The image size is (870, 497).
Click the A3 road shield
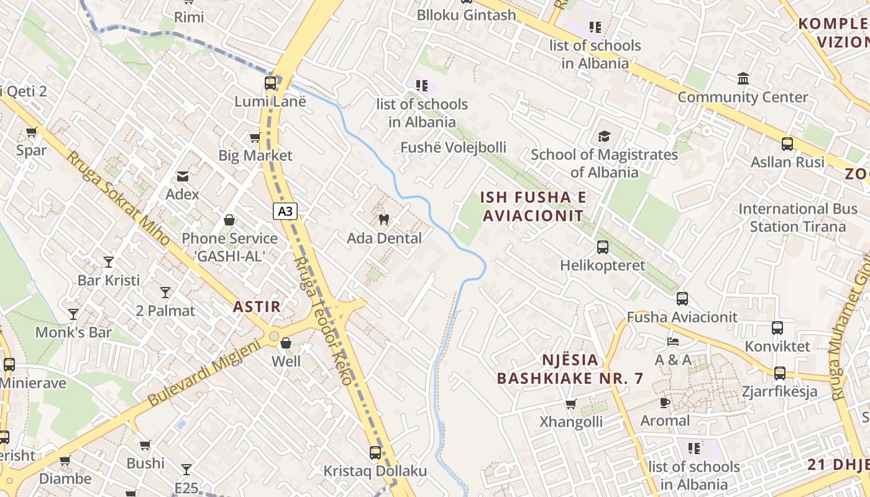pyautogui.click(x=285, y=211)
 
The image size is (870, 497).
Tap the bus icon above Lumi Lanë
pyautogui.click(x=270, y=83)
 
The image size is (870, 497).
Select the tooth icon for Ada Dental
pyautogui.click(x=383, y=219)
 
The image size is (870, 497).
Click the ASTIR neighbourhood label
pyautogui.click(x=257, y=306)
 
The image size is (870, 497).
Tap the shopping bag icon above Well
pyautogui.click(x=286, y=342)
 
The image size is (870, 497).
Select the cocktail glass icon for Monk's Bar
pyautogui.click(x=73, y=314)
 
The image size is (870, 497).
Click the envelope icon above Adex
pyautogui.click(x=183, y=176)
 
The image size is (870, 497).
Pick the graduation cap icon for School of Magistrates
pyautogui.click(x=603, y=136)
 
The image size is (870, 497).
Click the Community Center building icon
pyautogui.click(x=743, y=79)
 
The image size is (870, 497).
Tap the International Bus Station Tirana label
pyautogui.click(x=798, y=217)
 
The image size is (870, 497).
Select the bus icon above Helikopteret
pyautogui.click(x=602, y=247)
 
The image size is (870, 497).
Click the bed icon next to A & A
pyautogui.click(x=673, y=341)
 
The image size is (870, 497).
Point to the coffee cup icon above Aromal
pyautogui.click(x=665, y=402)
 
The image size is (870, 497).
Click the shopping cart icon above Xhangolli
pyautogui.click(x=570, y=404)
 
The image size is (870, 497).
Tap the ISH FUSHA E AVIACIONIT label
pyautogui.click(x=533, y=206)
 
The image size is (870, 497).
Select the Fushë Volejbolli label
pyautogui.click(x=453, y=147)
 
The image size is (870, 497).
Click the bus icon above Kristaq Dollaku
pyautogui.click(x=375, y=452)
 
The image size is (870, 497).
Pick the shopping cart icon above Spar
pyautogui.click(x=32, y=132)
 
